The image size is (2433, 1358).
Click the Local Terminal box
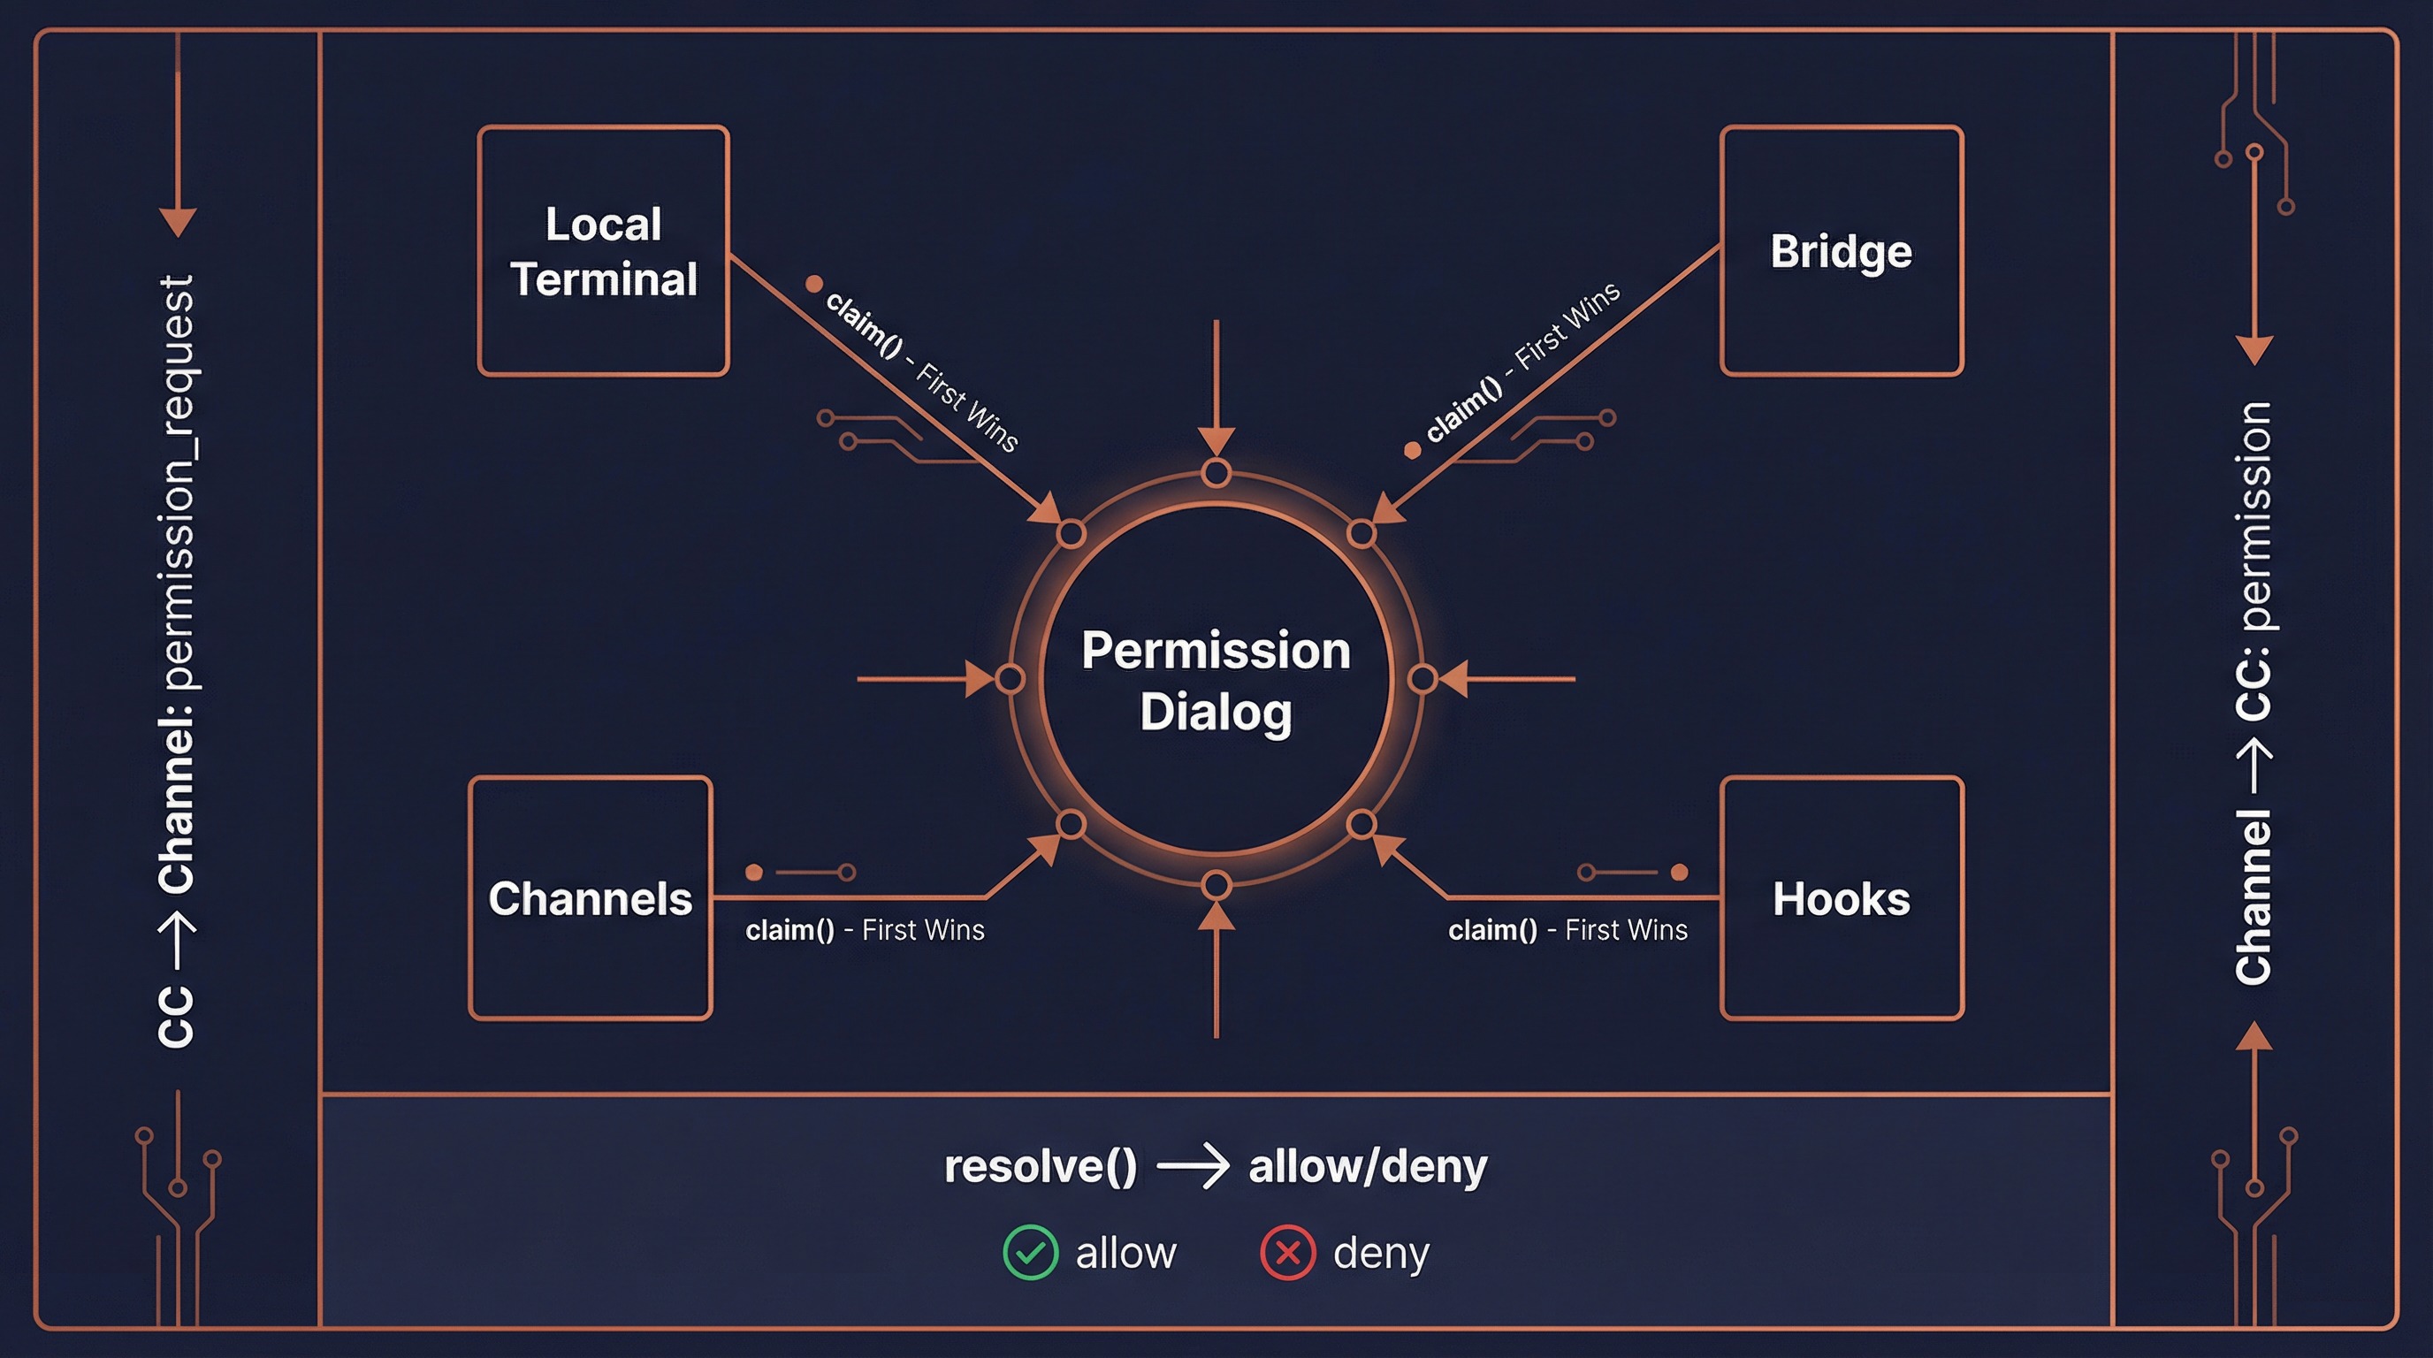tap(604, 251)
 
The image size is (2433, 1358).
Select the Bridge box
tap(1841, 251)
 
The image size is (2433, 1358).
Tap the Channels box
tap(591, 898)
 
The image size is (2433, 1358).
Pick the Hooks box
tap(1841, 898)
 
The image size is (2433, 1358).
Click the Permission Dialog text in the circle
tap(1216, 680)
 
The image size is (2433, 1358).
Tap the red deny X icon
tap(1287, 1253)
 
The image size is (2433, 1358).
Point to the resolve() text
tap(1040, 1166)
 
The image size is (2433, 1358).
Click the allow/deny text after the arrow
tap(1367, 1166)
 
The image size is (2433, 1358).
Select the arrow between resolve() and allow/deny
tap(1193, 1167)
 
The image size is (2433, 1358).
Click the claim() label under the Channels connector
tap(789, 930)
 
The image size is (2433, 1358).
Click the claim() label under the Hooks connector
tap(1492, 930)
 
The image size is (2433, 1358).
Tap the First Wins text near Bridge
tap(1567, 326)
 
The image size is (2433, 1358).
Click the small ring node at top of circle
tap(1216, 473)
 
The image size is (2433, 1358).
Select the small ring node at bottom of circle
tap(1216, 886)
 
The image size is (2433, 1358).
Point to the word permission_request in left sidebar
tap(178, 482)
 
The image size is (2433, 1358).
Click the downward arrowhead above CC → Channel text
tap(178, 223)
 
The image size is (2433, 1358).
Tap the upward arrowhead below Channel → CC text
tap(2254, 1036)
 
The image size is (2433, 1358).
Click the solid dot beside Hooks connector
tap(1679, 872)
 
